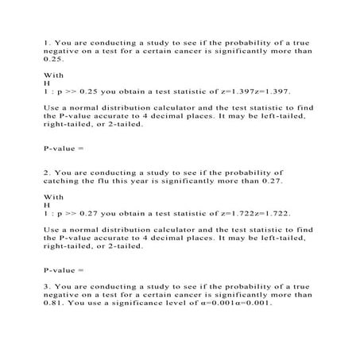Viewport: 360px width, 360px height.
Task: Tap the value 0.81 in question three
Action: (53, 303)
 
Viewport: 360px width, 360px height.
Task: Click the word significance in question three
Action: (140, 303)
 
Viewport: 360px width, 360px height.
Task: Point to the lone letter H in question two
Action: (46, 205)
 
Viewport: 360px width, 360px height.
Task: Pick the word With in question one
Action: (52, 74)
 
